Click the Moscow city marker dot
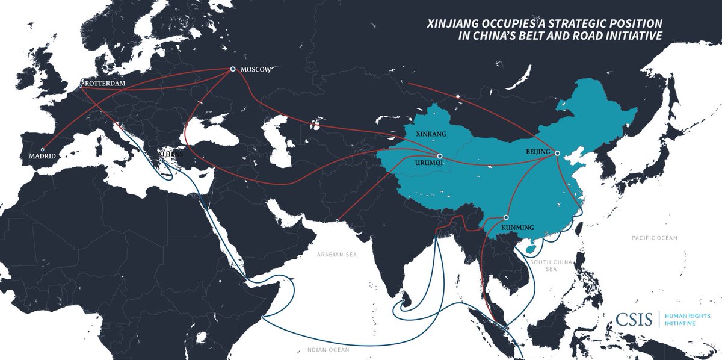click(x=233, y=70)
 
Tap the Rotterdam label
click(x=105, y=83)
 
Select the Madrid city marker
click(x=42, y=149)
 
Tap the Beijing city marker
click(x=557, y=153)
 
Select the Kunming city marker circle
click(x=507, y=217)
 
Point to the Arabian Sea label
click(x=338, y=255)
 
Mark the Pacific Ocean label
click(x=655, y=238)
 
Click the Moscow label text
click(x=256, y=70)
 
